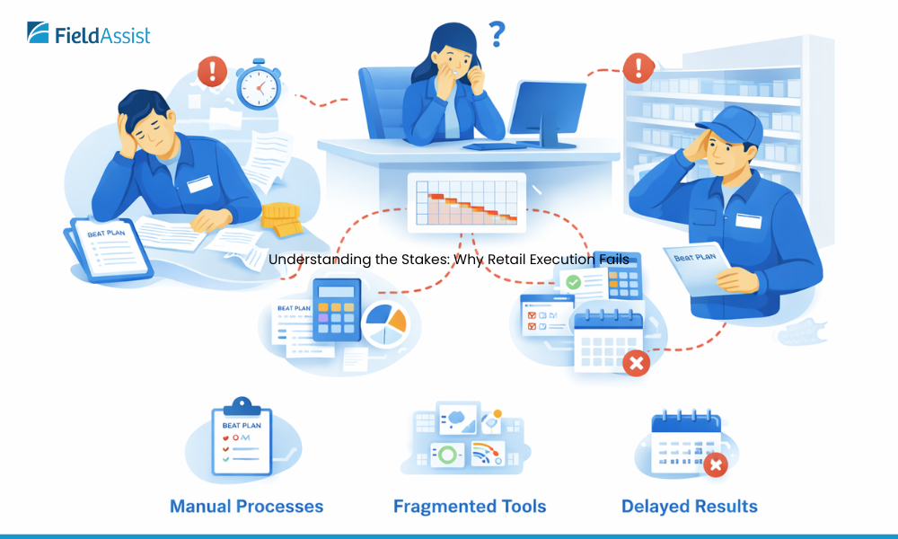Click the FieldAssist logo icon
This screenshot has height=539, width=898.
[39, 33]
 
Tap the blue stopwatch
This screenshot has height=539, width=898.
[259, 85]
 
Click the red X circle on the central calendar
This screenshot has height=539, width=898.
[636, 363]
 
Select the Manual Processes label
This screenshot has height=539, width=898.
[246, 507]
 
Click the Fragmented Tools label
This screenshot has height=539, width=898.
[470, 507]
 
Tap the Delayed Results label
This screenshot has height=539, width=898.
[690, 507]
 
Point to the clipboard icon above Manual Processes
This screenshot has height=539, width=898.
[241, 440]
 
